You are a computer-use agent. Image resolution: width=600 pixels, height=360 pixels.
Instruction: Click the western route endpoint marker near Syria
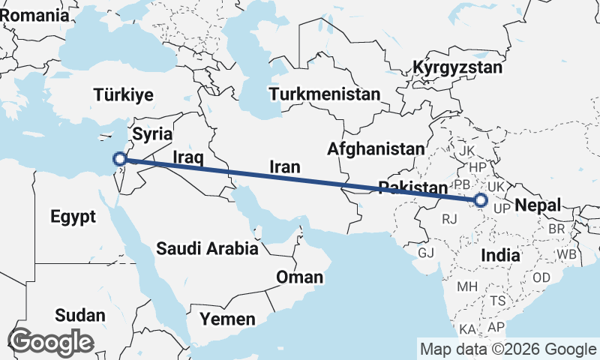pos(119,158)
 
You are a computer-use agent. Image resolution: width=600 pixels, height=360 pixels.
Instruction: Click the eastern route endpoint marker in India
pos(481,200)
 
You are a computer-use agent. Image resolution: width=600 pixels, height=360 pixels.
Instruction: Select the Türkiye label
pos(124,94)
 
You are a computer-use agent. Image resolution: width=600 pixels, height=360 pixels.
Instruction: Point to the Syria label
pos(153,134)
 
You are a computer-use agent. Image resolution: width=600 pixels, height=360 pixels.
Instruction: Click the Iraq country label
pos(188,157)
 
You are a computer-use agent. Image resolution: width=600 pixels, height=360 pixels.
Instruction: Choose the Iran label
pos(285,166)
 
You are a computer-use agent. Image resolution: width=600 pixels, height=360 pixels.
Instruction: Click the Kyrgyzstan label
pos(457,68)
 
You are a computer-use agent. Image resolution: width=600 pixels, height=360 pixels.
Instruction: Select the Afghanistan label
pos(376,148)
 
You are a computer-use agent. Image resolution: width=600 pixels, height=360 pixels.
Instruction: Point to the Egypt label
pos(73,217)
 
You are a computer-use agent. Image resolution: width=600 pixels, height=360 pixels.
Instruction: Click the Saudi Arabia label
pos(208,248)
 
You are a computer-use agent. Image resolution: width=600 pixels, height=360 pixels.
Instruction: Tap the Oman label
pos(300,277)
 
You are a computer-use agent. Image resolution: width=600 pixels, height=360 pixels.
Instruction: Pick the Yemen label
pos(227,319)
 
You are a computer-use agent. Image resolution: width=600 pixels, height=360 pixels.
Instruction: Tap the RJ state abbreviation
pos(450,219)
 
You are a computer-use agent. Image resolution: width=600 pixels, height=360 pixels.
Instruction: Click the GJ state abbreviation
pos(426,253)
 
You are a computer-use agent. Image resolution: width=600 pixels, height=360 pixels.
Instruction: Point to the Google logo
pos(51,342)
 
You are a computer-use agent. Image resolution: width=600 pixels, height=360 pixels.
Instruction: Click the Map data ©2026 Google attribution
pos(508,349)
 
